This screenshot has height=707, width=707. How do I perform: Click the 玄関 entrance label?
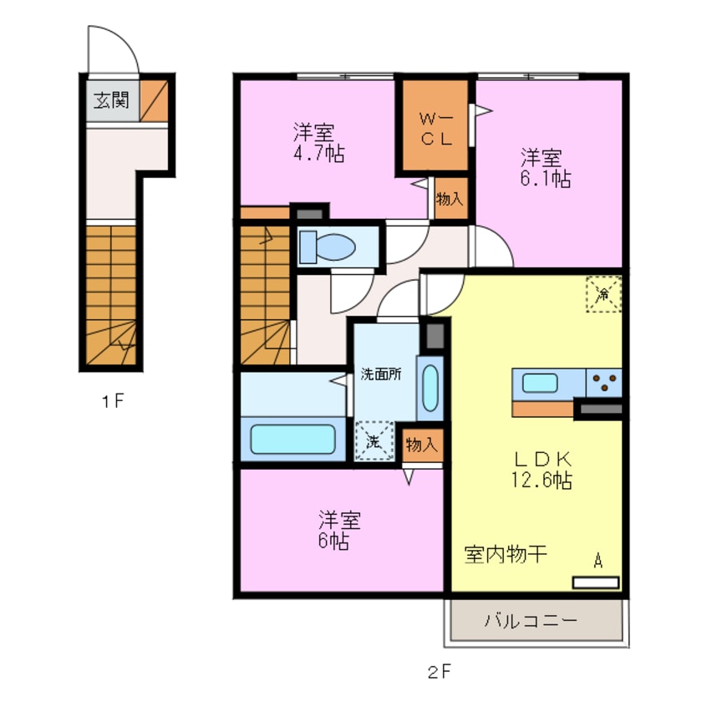(110, 101)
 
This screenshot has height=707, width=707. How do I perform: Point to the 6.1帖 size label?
(547, 178)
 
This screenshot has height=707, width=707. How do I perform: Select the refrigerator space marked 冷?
(603, 293)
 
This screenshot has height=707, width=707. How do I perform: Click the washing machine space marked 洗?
(374, 441)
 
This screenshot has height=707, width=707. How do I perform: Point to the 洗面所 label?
(380, 374)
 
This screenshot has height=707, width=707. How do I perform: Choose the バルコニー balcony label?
(531, 622)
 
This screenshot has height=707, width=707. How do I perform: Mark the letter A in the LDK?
(598, 561)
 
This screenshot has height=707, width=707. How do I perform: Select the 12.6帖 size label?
(542, 480)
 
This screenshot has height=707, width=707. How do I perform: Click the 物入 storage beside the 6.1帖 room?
(451, 201)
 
